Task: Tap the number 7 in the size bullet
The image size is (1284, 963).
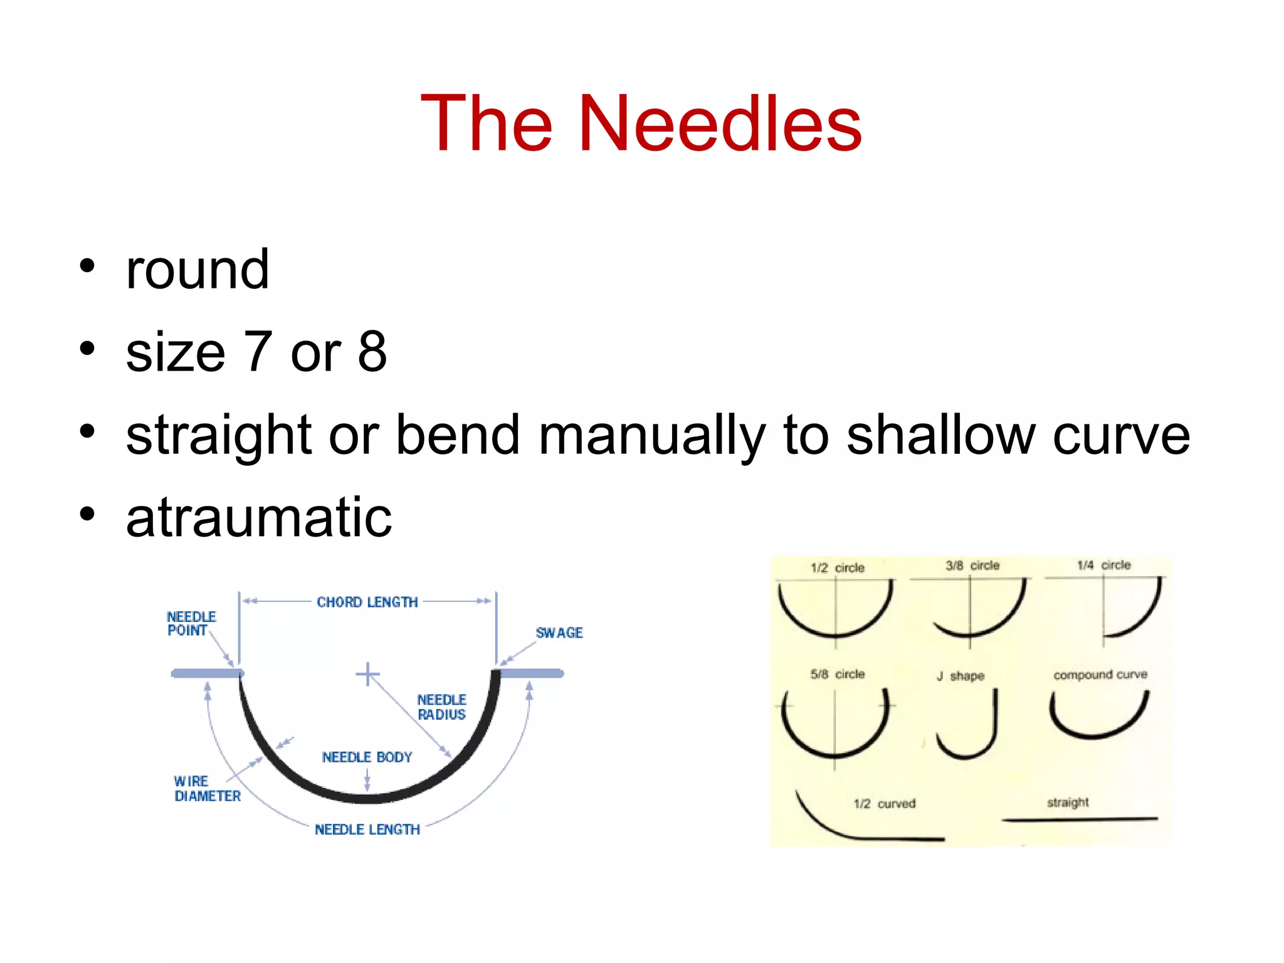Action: coord(258,352)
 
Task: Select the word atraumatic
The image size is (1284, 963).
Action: coord(259,517)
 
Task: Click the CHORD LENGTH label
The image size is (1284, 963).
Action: coord(367,602)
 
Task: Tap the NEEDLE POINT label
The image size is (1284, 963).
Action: coord(191,624)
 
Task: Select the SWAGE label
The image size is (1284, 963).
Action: coord(559,633)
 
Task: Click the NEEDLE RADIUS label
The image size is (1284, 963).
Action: coord(441,707)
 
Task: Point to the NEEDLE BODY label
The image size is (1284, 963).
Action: coord(367,757)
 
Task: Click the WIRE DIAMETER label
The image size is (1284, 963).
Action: coord(206,789)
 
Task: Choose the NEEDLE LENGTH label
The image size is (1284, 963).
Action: coord(367,829)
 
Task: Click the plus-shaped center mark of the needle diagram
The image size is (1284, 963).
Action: coord(367,675)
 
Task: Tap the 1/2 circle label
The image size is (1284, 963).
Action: coord(837,568)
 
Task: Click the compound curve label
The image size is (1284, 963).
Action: coord(1100,675)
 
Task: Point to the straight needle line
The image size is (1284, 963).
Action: coord(1080,819)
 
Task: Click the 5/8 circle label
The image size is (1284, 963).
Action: coord(837,675)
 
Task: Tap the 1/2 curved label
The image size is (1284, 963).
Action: coord(884,804)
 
